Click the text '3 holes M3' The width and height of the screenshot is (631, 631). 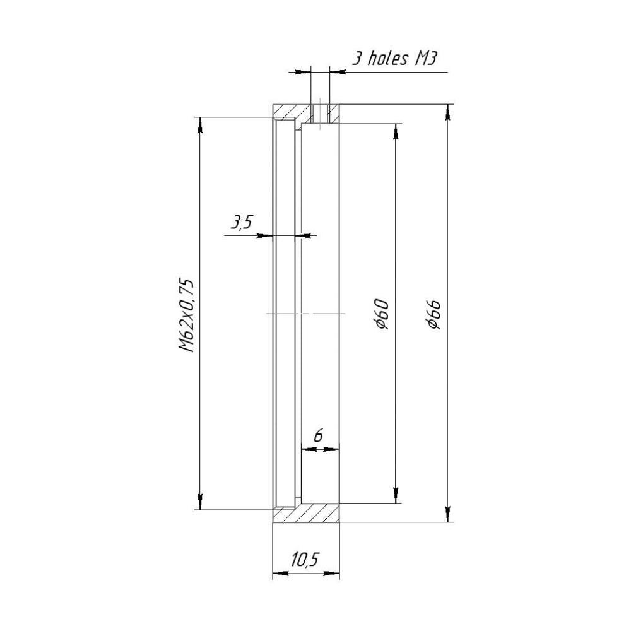[x=395, y=59]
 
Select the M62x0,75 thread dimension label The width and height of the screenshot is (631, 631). [x=187, y=315]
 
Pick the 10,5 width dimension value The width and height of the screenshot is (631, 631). [x=305, y=558]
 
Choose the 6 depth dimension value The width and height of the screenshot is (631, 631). [x=318, y=436]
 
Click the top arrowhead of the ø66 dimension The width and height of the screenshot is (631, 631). [x=447, y=112]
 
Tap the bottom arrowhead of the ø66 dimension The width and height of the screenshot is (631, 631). [x=447, y=514]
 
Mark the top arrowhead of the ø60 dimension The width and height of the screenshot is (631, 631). [x=396, y=131]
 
